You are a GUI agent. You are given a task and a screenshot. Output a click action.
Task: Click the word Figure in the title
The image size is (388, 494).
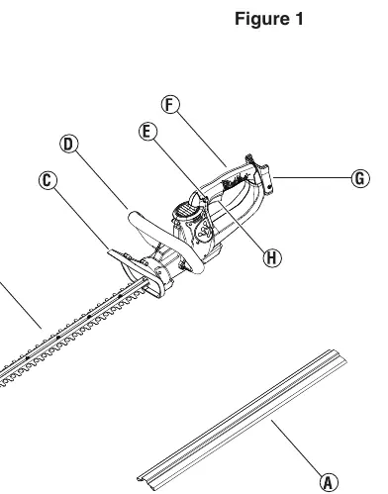[x=260, y=19]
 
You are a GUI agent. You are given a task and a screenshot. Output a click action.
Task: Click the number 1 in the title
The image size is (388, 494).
[x=298, y=19]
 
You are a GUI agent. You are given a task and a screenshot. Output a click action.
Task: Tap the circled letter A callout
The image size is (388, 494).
[x=329, y=482]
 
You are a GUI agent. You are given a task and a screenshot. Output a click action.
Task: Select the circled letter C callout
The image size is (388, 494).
[x=48, y=180]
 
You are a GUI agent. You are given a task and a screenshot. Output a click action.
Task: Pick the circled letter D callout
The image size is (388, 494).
[x=69, y=144]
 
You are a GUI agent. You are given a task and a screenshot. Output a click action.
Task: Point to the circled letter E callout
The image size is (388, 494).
[x=147, y=132]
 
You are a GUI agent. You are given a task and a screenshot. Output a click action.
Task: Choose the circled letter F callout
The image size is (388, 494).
[x=170, y=104]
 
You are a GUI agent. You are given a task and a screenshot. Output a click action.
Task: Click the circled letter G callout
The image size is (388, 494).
[x=360, y=178]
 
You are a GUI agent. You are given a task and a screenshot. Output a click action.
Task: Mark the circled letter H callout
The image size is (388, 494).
[x=272, y=257]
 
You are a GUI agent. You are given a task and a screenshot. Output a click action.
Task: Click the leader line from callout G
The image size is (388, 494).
[x=312, y=177]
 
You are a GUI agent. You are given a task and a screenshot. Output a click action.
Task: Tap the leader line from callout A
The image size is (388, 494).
[x=296, y=447]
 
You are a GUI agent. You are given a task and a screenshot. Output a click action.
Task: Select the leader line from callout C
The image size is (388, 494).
[x=82, y=219]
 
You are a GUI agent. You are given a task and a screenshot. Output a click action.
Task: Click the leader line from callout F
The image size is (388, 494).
[x=202, y=140]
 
